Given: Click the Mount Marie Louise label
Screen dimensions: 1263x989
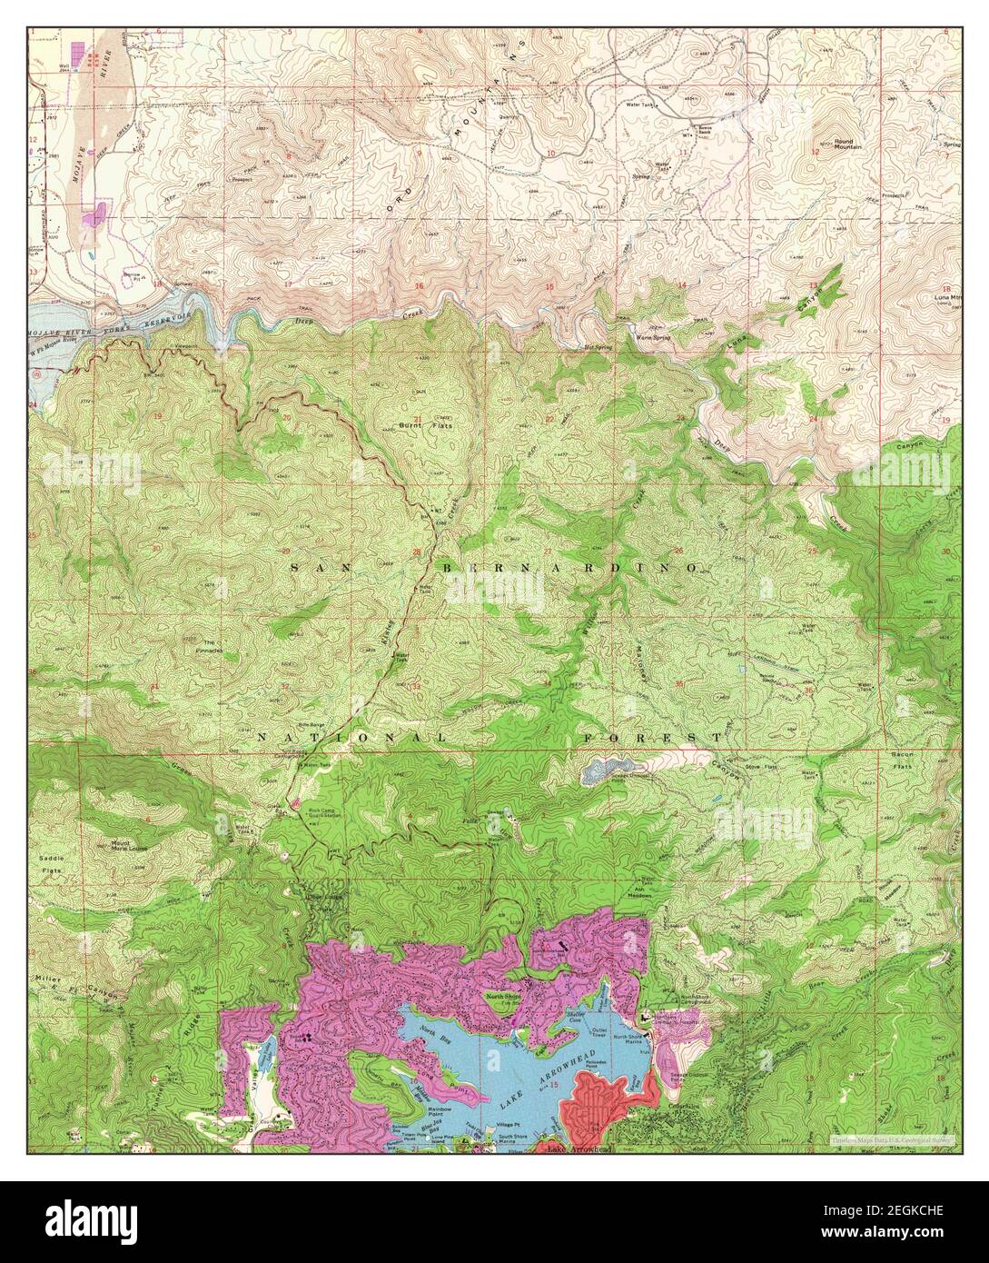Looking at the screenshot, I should point(127,845).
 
